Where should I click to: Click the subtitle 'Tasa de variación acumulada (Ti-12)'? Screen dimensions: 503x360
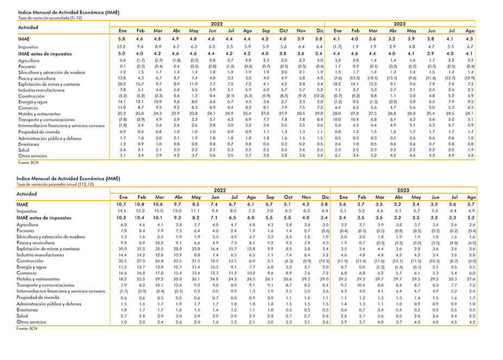tap(50, 18)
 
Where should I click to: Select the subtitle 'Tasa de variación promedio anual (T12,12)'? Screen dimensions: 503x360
tap(55, 184)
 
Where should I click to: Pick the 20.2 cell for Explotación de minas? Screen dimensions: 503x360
tap(122, 85)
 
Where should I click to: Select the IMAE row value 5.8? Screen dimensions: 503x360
tap(122, 39)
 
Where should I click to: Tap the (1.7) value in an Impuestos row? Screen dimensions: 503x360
tap(337, 47)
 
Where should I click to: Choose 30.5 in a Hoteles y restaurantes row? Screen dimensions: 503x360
tap(301, 113)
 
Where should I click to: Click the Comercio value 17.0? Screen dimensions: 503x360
tap(159, 273)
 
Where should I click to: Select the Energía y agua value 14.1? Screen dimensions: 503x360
tap(122, 102)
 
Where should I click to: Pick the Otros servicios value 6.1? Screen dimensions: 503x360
tap(338, 156)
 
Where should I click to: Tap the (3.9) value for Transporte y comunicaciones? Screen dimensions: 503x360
tap(141, 120)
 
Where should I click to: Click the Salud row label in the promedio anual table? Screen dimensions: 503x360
tap(22, 316)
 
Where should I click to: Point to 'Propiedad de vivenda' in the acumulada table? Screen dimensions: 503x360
tap(39, 132)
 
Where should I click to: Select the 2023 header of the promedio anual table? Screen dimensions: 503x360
tap(403, 190)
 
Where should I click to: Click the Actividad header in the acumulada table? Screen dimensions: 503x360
tap(28, 28)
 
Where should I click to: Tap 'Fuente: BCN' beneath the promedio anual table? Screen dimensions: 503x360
tap(27, 329)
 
